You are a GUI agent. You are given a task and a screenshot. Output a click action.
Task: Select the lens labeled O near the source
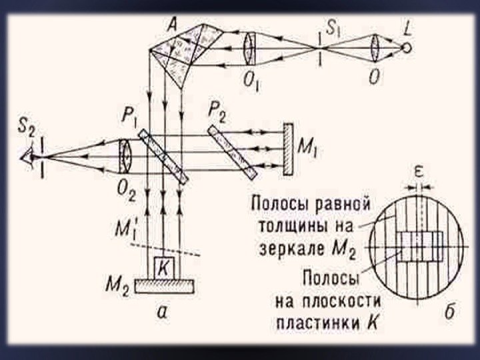(x=375, y=49)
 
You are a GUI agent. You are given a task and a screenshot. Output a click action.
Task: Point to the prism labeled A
(x=181, y=53)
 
